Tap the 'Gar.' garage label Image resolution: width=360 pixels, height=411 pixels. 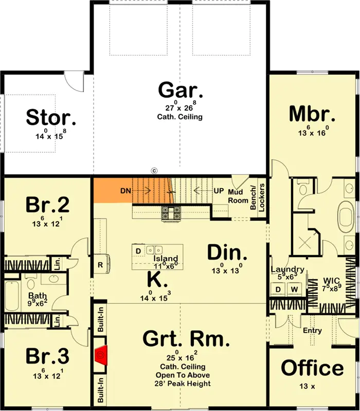click(181, 90)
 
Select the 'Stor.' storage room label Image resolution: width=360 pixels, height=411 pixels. click(51, 117)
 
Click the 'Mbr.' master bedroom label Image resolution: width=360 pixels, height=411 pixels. click(312, 114)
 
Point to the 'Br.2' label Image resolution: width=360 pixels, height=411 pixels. click(48, 205)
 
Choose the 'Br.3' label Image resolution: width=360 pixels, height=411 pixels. click(48, 356)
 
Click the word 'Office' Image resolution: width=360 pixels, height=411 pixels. click(312, 368)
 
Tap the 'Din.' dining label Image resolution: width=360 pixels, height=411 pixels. click(227, 253)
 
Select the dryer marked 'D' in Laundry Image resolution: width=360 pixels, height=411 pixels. click(278, 289)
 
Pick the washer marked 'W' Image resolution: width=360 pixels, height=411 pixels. click(295, 289)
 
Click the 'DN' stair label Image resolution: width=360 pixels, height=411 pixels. click(125, 191)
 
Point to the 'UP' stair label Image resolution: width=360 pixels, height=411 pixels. click(219, 190)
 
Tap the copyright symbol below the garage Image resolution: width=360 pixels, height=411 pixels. click(154, 171)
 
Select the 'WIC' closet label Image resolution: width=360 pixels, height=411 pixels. click(331, 281)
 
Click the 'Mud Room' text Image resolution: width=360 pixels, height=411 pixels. click(238, 196)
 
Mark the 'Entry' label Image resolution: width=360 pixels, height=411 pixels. click(312, 331)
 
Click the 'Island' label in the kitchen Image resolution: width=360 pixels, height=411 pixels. click(166, 258)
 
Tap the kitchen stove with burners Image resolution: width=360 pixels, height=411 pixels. click(171, 212)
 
